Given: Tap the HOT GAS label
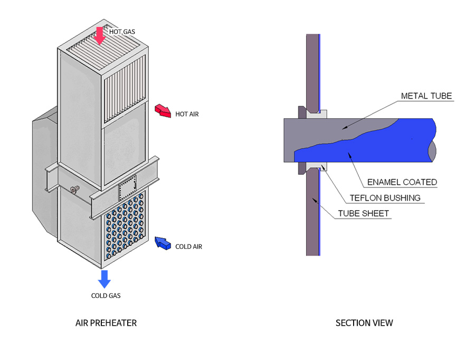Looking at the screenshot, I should (x=122, y=32).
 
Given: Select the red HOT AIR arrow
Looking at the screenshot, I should (x=162, y=111).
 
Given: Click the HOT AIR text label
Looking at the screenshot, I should (x=187, y=114).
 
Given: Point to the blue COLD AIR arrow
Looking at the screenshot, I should (x=163, y=243).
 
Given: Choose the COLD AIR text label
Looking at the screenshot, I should (x=188, y=247).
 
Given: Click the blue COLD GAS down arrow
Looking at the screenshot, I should (x=104, y=279).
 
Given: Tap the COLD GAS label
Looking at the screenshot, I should (x=106, y=296).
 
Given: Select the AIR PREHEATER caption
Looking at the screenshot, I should (x=106, y=323).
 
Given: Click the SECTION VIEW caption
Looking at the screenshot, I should (x=364, y=323).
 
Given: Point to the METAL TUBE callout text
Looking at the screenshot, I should (x=426, y=96).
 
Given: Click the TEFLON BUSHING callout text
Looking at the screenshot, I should (x=385, y=198).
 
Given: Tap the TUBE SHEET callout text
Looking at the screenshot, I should (x=364, y=213).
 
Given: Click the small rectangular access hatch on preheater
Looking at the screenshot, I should (x=128, y=187).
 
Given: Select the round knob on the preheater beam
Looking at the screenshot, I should (x=73, y=190).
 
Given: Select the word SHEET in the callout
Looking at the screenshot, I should (x=376, y=213).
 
